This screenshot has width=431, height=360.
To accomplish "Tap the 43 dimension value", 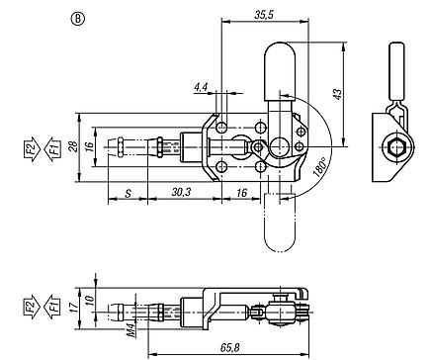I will [335, 93].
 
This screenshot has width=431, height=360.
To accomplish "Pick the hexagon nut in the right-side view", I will [391, 150].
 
